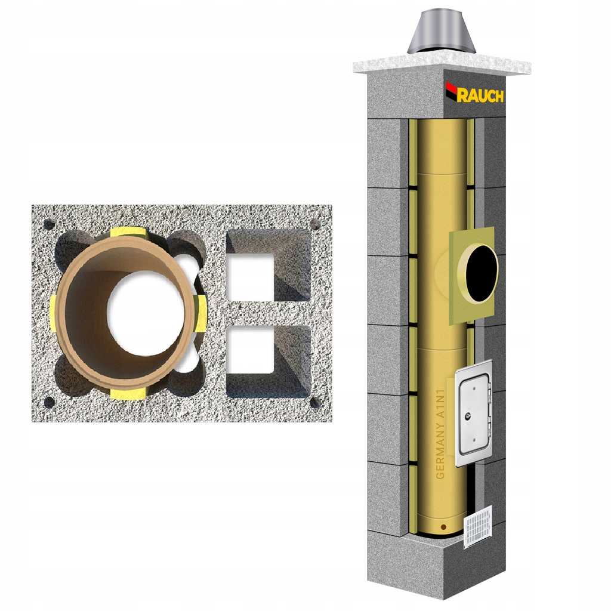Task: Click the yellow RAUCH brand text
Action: [480, 95]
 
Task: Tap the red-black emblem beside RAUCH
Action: [451, 91]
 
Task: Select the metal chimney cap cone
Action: [441, 33]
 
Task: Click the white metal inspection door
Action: [474, 413]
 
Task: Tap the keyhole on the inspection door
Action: [467, 417]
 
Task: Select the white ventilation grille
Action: [478, 527]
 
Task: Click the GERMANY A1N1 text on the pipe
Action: [440, 434]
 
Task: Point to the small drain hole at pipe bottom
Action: [443, 527]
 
